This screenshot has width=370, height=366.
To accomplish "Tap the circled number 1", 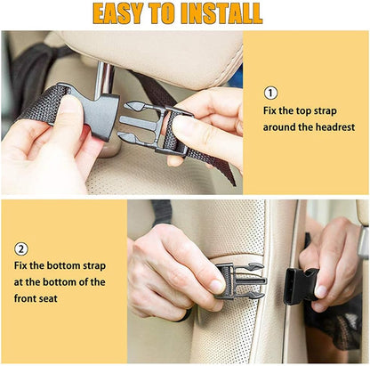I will point(270,93).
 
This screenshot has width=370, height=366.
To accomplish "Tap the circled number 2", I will point(20,249).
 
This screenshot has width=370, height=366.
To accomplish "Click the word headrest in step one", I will point(333,127).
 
